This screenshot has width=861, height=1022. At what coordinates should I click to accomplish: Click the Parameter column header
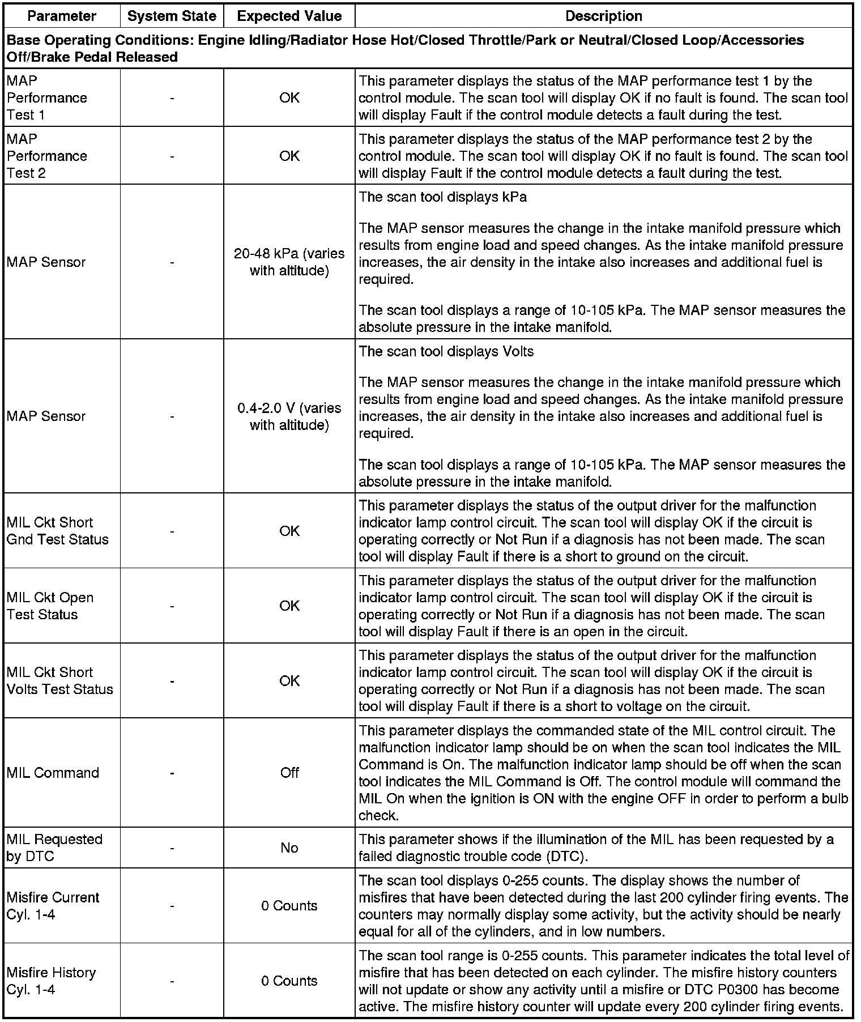62,16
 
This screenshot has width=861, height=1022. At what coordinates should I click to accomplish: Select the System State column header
172,16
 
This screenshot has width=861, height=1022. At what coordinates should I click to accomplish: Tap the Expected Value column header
289,16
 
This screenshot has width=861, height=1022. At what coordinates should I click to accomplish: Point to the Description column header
603,16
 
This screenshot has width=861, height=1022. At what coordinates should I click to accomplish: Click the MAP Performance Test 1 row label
47,98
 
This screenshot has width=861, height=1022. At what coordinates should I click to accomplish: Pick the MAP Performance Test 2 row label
47,156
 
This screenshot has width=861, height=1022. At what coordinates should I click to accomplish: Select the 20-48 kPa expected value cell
289,262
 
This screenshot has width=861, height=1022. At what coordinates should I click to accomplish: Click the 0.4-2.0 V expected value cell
289,416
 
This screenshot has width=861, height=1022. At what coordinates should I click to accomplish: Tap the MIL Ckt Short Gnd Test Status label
57,531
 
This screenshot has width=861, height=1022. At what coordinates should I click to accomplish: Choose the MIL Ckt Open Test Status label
50,606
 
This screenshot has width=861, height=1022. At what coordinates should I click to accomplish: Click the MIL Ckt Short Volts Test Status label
59,680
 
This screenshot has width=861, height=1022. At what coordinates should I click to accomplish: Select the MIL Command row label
53,773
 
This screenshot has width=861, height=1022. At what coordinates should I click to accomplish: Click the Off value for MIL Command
289,773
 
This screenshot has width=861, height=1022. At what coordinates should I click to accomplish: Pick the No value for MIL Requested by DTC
289,848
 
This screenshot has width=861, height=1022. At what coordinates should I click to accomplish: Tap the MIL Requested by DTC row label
54,848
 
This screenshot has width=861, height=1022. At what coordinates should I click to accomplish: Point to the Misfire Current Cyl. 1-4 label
53,905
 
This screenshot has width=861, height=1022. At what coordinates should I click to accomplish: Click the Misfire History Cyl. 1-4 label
51,981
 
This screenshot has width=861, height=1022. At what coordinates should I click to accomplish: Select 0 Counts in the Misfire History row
289,981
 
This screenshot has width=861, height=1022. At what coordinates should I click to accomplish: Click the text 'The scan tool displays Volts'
446,352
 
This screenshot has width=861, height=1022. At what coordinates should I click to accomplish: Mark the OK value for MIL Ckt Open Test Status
289,606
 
